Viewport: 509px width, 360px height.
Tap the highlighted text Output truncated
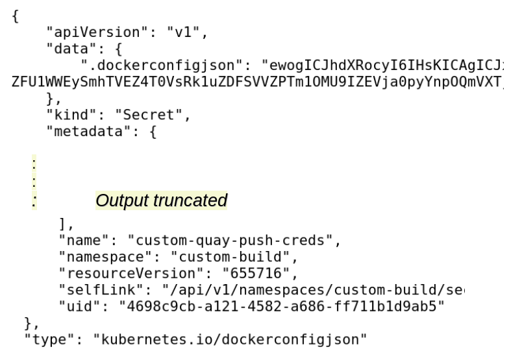click(161, 201)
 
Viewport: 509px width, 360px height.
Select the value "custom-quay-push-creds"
click(230, 241)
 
